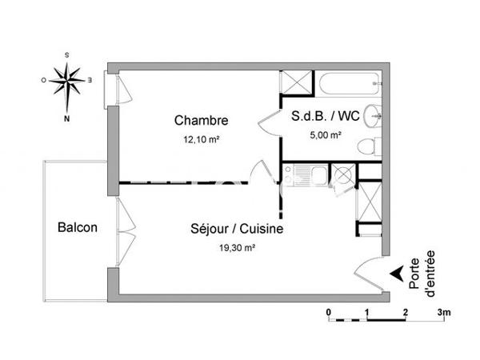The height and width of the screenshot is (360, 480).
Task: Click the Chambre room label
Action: (x=202, y=121)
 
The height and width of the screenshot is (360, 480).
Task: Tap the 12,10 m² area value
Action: (x=202, y=139)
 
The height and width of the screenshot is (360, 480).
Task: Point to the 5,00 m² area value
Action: (x=326, y=134)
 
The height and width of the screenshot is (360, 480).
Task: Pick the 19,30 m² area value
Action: (x=238, y=248)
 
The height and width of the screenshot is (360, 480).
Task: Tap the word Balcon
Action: (x=78, y=227)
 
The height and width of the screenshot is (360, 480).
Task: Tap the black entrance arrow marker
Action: (x=395, y=274)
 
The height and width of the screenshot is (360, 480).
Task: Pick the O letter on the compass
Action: (x=43, y=79)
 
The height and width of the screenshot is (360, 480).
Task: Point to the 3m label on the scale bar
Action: (x=445, y=311)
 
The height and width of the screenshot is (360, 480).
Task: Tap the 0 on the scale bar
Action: (x=329, y=311)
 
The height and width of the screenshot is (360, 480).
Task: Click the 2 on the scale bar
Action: (x=406, y=311)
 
